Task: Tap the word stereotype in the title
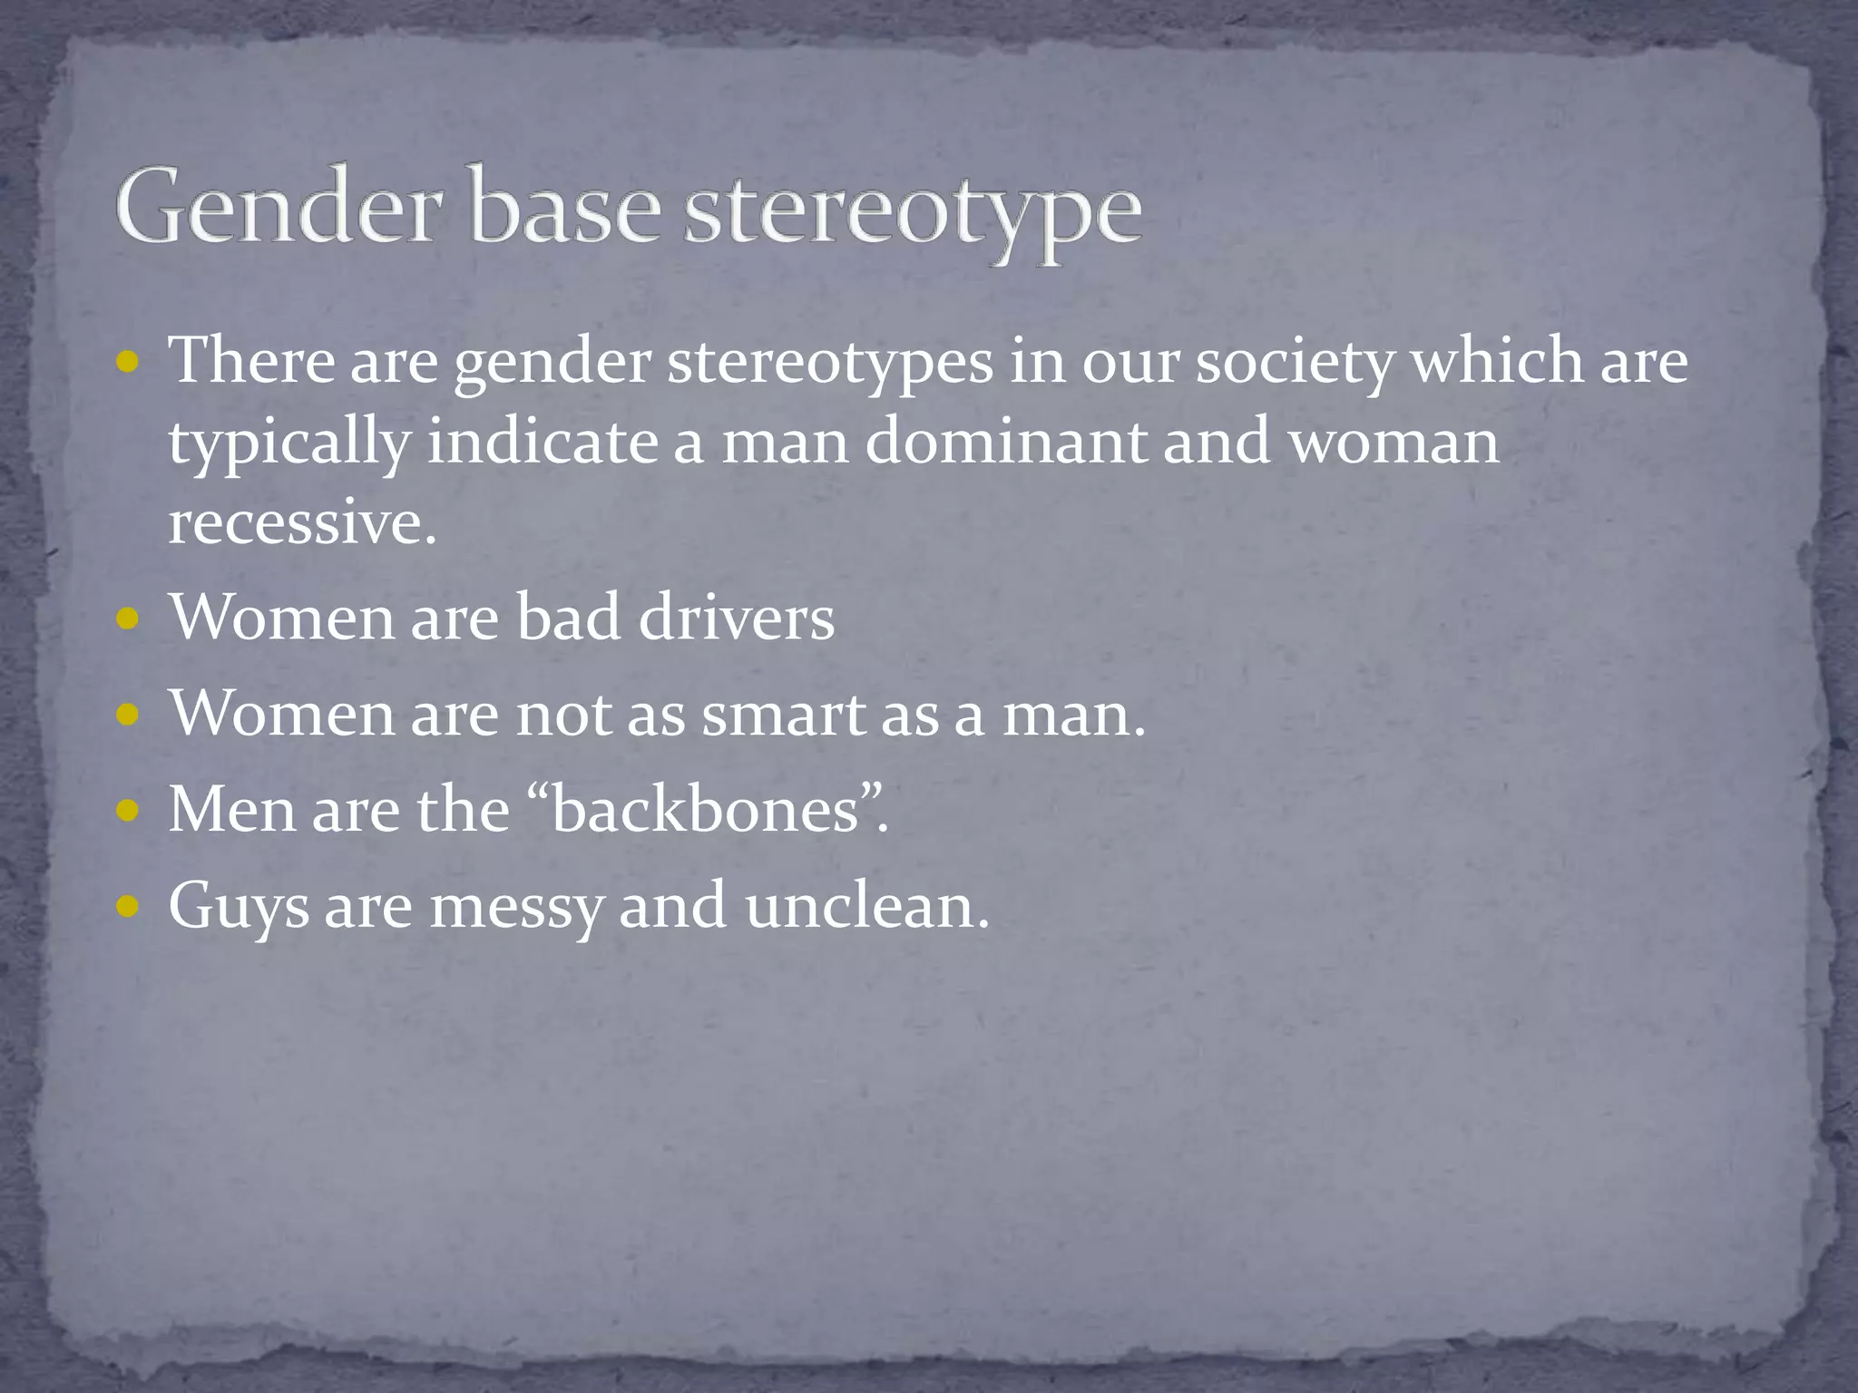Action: point(912,211)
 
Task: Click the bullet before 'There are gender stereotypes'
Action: point(129,364)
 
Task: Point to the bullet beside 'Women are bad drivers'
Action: point(129,620)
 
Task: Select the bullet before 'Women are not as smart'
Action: point(129,716)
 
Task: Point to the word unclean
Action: point(866,905)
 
